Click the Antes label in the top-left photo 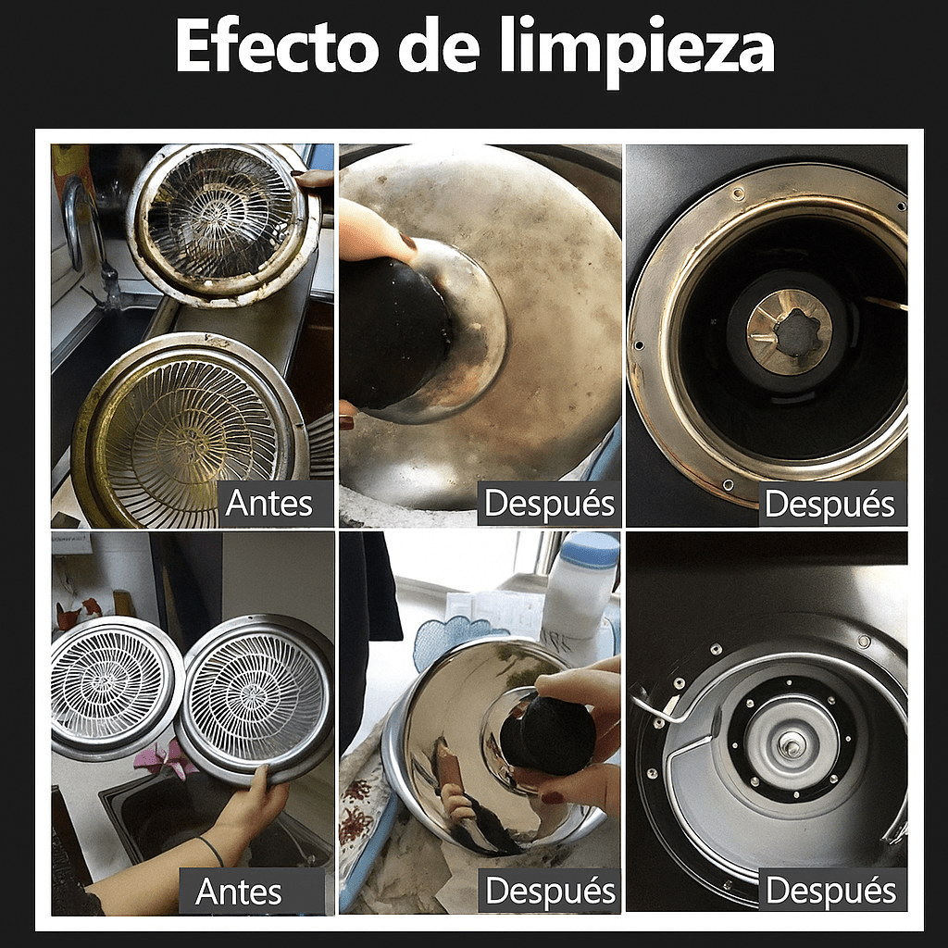268,504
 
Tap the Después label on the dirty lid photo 549,504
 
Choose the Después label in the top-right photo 830,505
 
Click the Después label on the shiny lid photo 550,892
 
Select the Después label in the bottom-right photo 831,892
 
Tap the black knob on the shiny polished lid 550,735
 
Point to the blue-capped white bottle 581,592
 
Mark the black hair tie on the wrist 211,849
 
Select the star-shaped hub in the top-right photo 789,331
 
